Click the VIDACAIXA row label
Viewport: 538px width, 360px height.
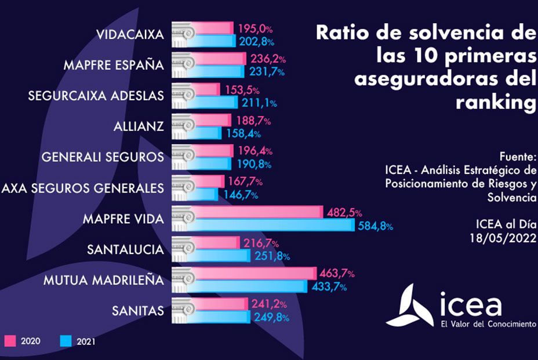pos(131,34)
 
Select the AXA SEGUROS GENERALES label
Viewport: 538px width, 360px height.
pos(83,188)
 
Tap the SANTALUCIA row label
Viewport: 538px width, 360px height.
pos(126,250)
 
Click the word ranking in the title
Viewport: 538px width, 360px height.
pos(496,102)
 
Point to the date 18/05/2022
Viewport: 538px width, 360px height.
pos(503,237)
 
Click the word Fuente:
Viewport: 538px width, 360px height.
pos(518,157)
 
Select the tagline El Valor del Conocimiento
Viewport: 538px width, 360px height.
pos(489,324)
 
